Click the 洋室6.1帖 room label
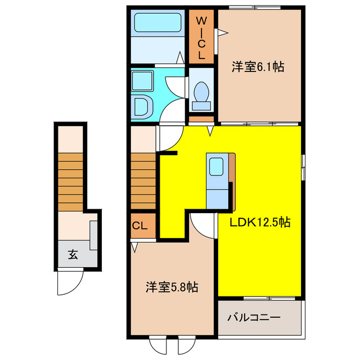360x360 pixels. [x=258, y=67]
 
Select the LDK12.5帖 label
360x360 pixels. [x=259, y=222]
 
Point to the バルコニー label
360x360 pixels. [x=254, y=318]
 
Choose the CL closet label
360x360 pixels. [x=140, y=226]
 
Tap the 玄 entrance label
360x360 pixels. [x=73, y=254]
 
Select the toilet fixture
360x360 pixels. [x=201, y=93]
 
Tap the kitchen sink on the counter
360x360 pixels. [x=217, y=167]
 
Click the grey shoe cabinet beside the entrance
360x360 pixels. [x=93, y=236]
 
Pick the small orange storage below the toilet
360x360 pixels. [x=201, y=119]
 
